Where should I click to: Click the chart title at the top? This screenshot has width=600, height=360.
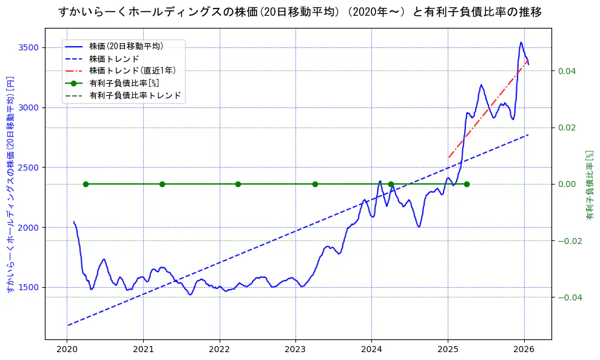click(300, 12)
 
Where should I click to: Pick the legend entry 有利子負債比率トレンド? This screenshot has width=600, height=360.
click(135, 96)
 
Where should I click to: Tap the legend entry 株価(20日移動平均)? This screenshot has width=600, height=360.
click(126, 46)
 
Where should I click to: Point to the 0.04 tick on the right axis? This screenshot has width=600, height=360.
click(567, 71)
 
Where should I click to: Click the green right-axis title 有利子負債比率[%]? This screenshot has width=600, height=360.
click(589, 184)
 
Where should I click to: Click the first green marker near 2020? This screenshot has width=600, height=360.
click(86, 184)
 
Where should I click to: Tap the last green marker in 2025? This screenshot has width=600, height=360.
click(467, 184)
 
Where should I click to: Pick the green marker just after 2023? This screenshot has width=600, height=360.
click(315, 184)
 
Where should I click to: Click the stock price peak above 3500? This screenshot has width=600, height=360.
click(521, 42)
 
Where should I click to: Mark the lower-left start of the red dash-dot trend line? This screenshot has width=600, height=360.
click(448, 158)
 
